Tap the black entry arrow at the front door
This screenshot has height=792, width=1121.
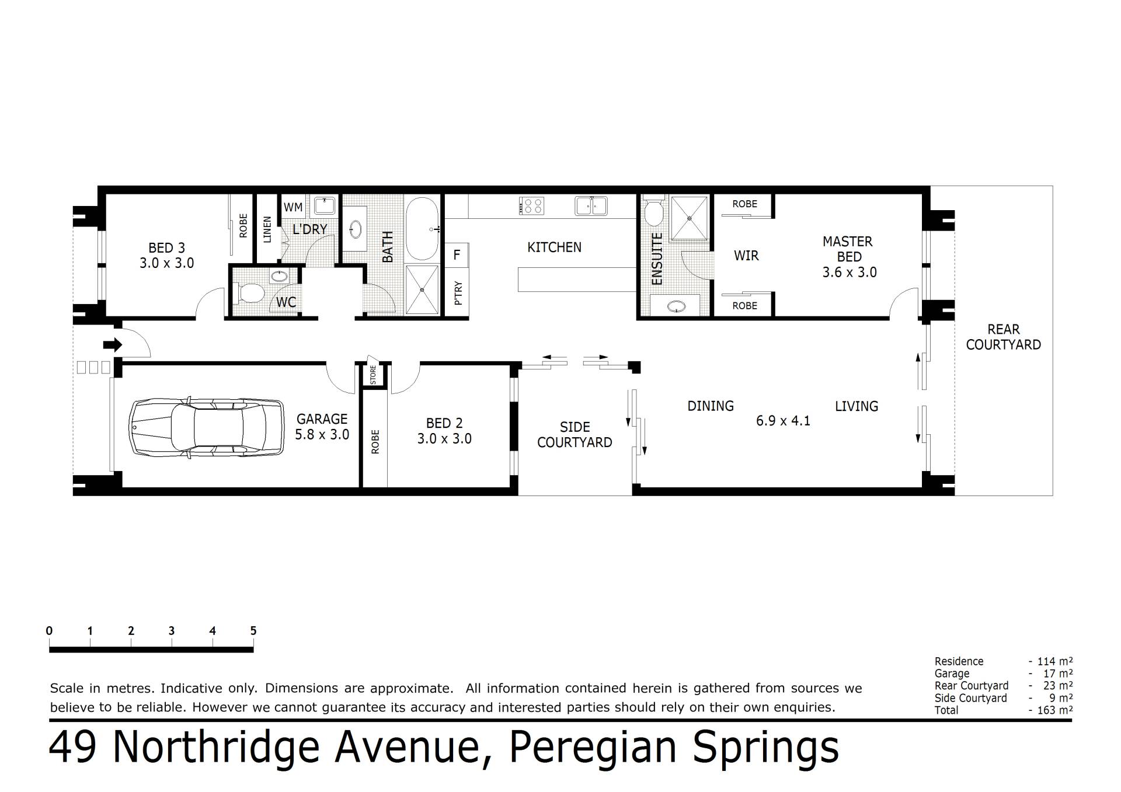(x=113, y=345)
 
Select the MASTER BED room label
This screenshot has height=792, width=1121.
(x=849, y=249)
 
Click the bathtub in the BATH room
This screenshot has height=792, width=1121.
(x=422, y=229)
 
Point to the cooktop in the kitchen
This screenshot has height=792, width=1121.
(x=531, y=205)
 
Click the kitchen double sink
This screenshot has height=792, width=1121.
(x=591, y=205)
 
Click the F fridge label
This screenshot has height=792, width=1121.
(x=457, y=254)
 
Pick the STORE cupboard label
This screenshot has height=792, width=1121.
(x=373, y=374)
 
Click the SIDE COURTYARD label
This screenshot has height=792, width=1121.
(x=575, y=435)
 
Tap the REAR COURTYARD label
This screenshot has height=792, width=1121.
(x=1003, y=337)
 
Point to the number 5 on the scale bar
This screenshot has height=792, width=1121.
(x=253, y=631)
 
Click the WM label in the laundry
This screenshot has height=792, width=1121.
(x=293, y=207)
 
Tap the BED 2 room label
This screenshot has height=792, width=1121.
(x=444, y=423)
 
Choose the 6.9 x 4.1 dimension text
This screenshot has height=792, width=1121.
(x=783, y=421)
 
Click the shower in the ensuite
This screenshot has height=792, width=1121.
(x=689, y=218)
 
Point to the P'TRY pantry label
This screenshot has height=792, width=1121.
(x=458, y=293)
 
